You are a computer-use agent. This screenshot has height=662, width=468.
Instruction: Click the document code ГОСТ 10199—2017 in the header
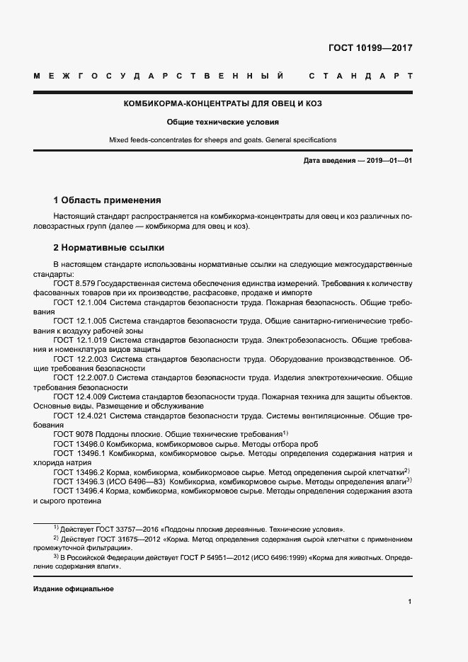pos(370,48)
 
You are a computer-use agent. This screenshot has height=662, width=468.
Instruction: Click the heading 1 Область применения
pos(108,200)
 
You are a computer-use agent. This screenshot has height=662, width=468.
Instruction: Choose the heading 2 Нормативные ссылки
pos(109,248)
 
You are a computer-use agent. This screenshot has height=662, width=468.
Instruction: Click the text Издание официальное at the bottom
pos(74,589)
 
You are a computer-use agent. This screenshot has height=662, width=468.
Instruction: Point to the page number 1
pos(410,602)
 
